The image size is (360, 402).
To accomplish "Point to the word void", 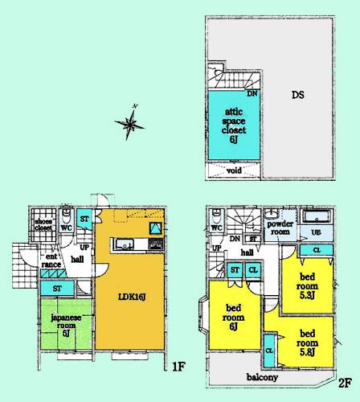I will (235, 170).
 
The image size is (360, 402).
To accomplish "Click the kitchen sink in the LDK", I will (122, 246).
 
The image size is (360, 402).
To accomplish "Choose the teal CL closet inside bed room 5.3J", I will (317, 251).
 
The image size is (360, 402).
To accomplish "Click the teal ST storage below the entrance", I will (57, 288).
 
